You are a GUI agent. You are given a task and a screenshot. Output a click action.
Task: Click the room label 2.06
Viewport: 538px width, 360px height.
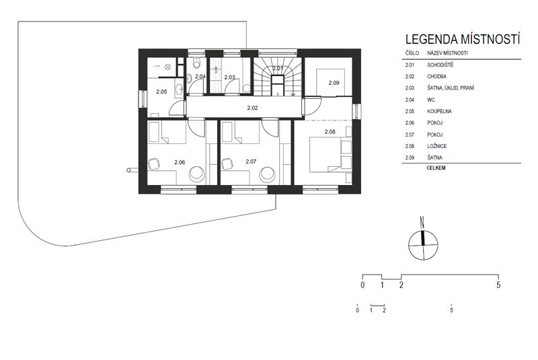click(x=180, y=162)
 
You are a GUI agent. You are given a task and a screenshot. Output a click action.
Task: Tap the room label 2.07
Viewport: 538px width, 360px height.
click(x=251, y=161)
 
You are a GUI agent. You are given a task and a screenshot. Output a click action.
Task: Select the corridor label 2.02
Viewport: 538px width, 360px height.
click(x=252, y=108)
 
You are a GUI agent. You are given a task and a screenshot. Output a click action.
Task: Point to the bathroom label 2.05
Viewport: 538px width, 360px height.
click(x=161, y=92)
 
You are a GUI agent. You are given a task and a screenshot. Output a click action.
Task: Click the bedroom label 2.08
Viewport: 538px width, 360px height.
click(x=330, y=131)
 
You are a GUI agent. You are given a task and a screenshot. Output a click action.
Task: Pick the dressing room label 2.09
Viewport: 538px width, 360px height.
click(x=334, y=83)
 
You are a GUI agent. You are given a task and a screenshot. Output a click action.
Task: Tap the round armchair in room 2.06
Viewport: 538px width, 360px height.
click(x=197, y=174)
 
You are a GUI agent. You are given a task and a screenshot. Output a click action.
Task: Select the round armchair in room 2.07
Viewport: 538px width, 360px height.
click(x=268, y=174)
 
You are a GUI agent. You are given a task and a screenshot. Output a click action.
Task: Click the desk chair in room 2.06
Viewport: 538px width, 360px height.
click(x=153, y=164)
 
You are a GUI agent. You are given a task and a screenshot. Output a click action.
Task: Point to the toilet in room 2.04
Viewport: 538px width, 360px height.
click(x=196, y=63)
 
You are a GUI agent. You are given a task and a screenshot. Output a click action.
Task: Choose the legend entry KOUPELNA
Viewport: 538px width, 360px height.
click(x=440, y=111)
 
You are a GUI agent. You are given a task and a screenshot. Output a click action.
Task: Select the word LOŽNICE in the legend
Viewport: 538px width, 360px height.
click(x=436, y=146)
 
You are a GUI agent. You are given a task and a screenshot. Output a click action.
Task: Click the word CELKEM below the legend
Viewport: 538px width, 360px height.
click(x=436, y=168)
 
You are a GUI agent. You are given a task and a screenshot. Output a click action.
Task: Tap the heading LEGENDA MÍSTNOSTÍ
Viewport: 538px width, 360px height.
click(x=463, y=39)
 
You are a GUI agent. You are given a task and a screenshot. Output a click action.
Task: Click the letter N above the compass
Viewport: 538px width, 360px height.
click(x=422, y=223)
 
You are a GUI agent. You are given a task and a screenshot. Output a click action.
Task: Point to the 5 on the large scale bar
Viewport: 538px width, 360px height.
click(x=498, y=285)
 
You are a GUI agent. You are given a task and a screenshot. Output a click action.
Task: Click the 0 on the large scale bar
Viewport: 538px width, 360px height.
click(x=362, y=285)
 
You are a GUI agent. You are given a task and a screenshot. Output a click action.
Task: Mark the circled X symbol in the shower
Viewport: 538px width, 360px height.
click(x=167, y=67)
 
